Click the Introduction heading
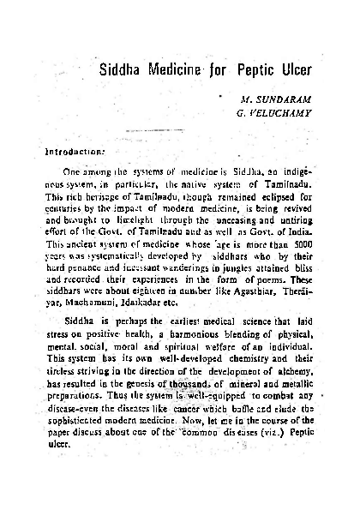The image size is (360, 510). pyautogui.click(x=68, y=153)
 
